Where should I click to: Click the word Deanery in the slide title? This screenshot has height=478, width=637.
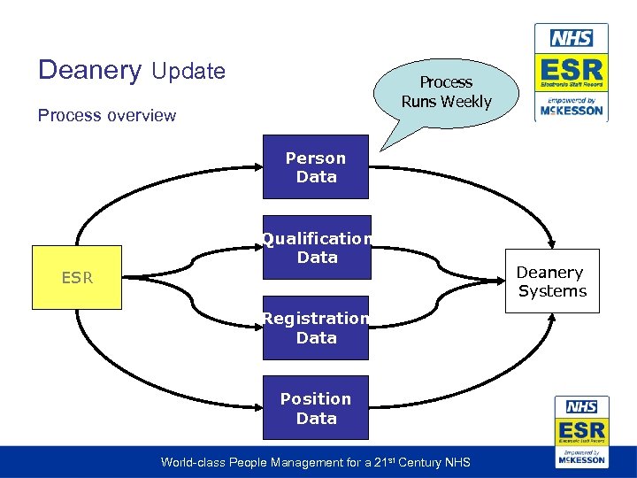[x=89, y=71]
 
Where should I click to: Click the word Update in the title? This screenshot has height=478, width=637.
[x=188, y=72]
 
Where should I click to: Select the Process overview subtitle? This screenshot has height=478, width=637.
[x=107, y=115]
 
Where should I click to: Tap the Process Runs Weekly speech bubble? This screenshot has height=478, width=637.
[x=446, y=92]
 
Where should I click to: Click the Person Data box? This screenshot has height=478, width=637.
[x=316, y=167]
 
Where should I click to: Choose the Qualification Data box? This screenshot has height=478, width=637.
[x=316, y=248]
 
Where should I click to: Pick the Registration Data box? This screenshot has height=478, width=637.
[x=316, y=328]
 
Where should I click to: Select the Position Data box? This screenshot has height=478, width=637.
[x=316, y=408]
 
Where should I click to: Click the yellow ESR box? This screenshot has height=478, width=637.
[x=76, y=277]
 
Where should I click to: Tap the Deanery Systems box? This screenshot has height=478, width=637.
[x=551, y=281]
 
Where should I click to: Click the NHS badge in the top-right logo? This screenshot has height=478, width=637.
[x=572, y=38]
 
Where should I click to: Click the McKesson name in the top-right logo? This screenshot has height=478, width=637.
[x=572, y=111]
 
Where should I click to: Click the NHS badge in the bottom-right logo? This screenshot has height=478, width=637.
[x=581, y=407]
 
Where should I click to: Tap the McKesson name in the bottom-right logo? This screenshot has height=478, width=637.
[x=581, y=460]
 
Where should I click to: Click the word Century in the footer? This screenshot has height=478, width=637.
[x=421, y=462]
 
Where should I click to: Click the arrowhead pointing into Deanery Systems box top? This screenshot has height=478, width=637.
[x=552, y=243]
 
